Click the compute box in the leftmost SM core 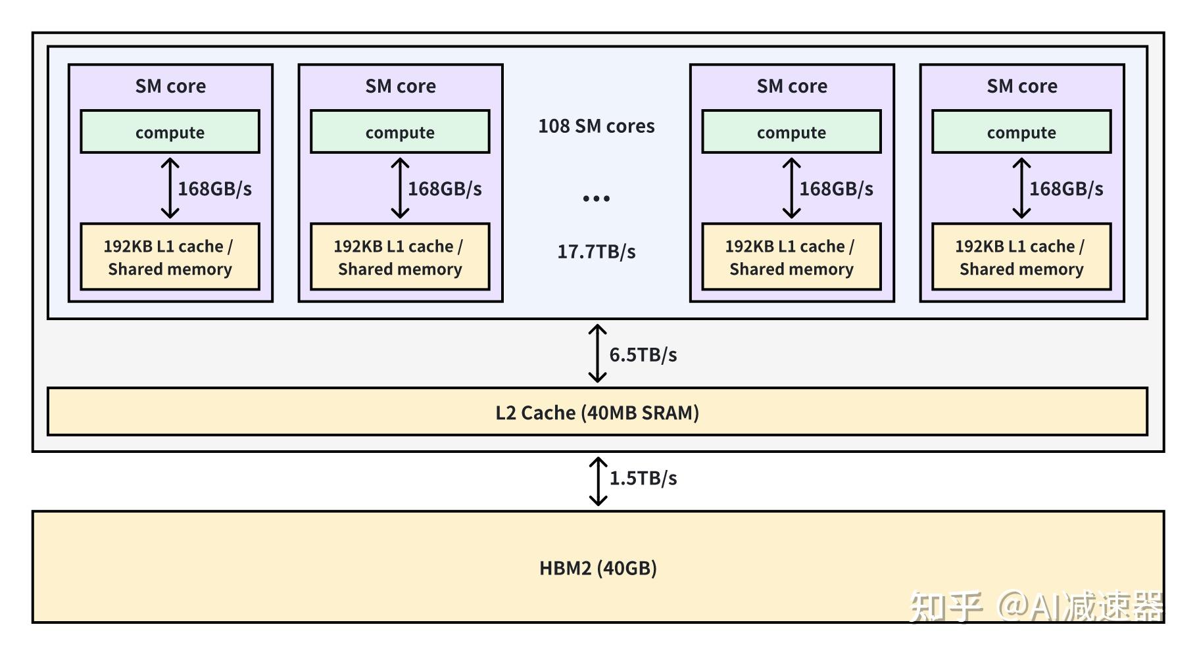pyautogui.click(x=170, y=132)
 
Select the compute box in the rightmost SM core pyautogui.click(x=1021, y=132)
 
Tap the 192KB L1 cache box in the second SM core pyautogui.click(x=400, y=257)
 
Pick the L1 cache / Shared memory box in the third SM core pyautogui.click(x=791, y=257)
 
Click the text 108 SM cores pyautogui.click(x=596, y=126)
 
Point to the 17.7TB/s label pyautogui.click(x=596, y=252)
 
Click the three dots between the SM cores pyautogui.click(x=596, y=198)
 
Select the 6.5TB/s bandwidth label pyautogui.click(x=643, y=355)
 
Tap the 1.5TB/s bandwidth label pyautogui.click(x=643, y=478)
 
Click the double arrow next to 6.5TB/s pyautogui.click(x=597, y=354)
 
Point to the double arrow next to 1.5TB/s pyautogui.click(x=598, y=482)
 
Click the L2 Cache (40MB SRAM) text pyautogui.click(x=597, y=413)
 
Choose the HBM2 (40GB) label pyautogui.click(x=598, y=568)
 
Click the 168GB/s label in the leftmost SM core pyautogui.click(x=214, y=189)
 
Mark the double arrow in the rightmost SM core pyautogui.click(x=1021, y=188)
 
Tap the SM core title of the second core pyautogui.click(x=401, y=86)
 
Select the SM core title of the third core pyautogui.click(x=792, y=86)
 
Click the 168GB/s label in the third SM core pyautogui.click(x=836, y=189)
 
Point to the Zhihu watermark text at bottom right pyautogui.click(x=1036, y=606)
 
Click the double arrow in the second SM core pyautogui.click(x=400, y=188)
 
